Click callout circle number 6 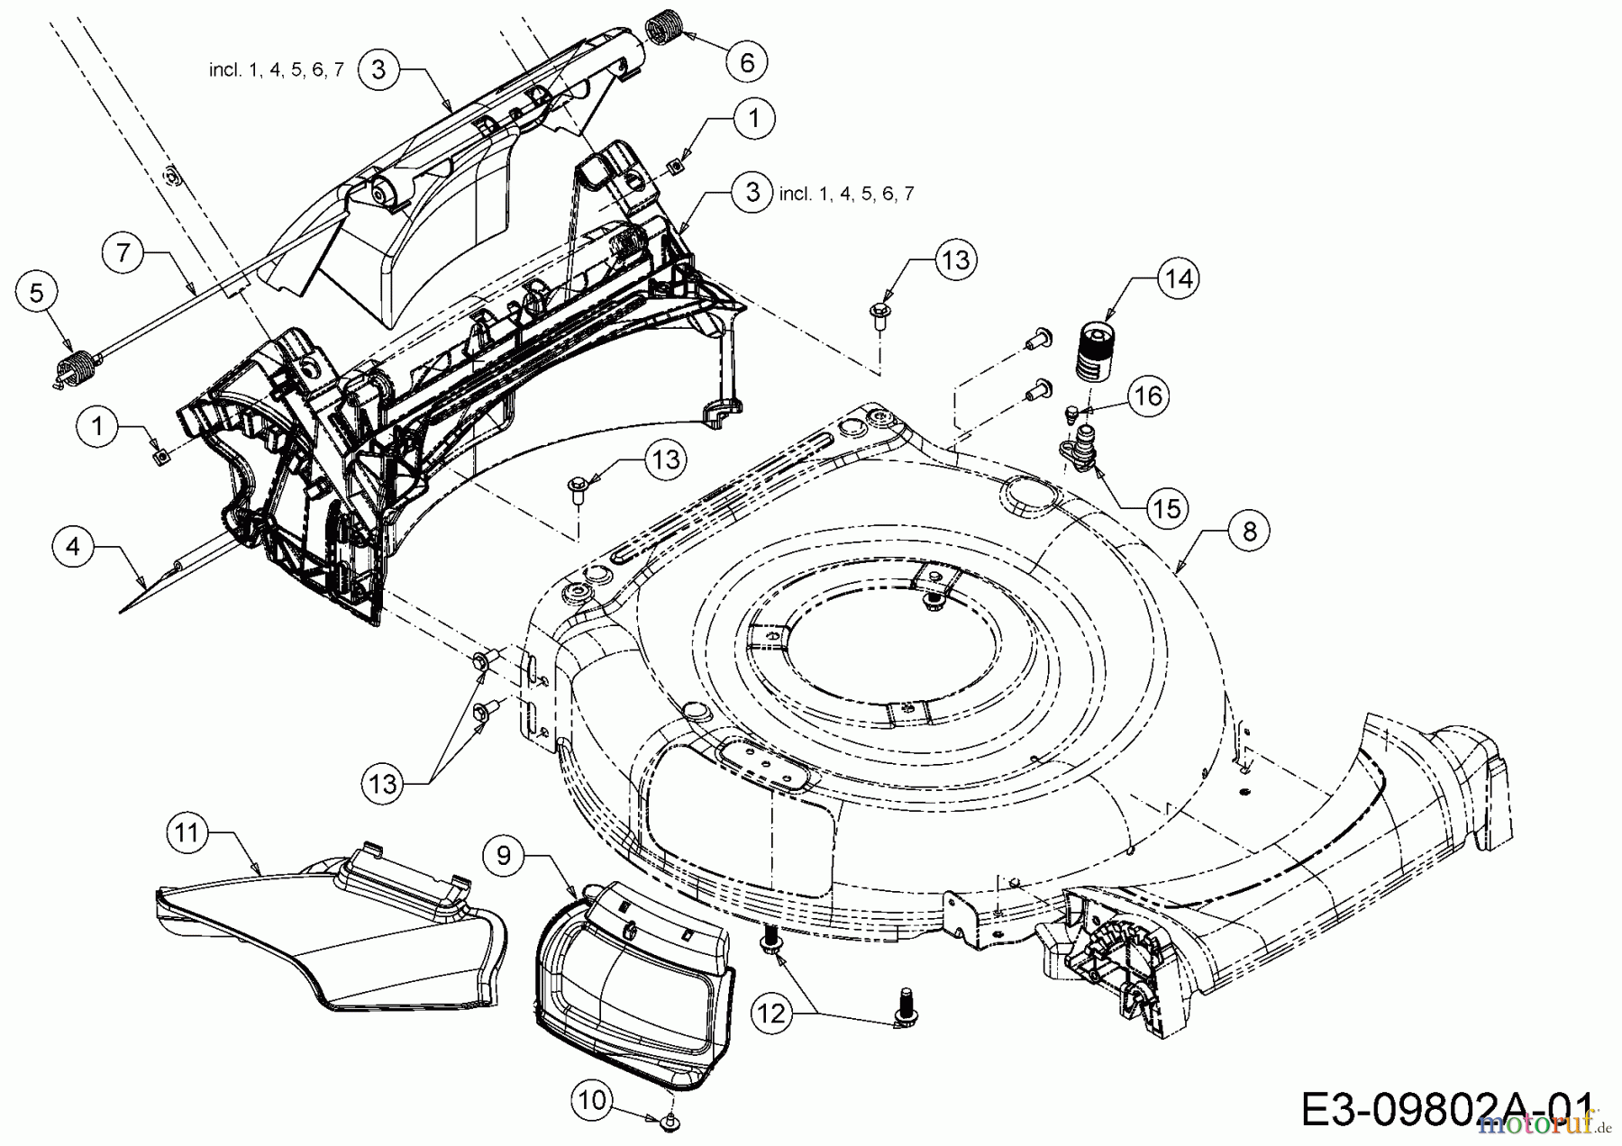point(747,62)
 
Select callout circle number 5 point(36,293)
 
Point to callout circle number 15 point(1167,508)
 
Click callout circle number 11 point(187,832)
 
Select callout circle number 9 point(504,853)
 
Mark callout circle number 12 point(773,1014)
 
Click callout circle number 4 point(73,547)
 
